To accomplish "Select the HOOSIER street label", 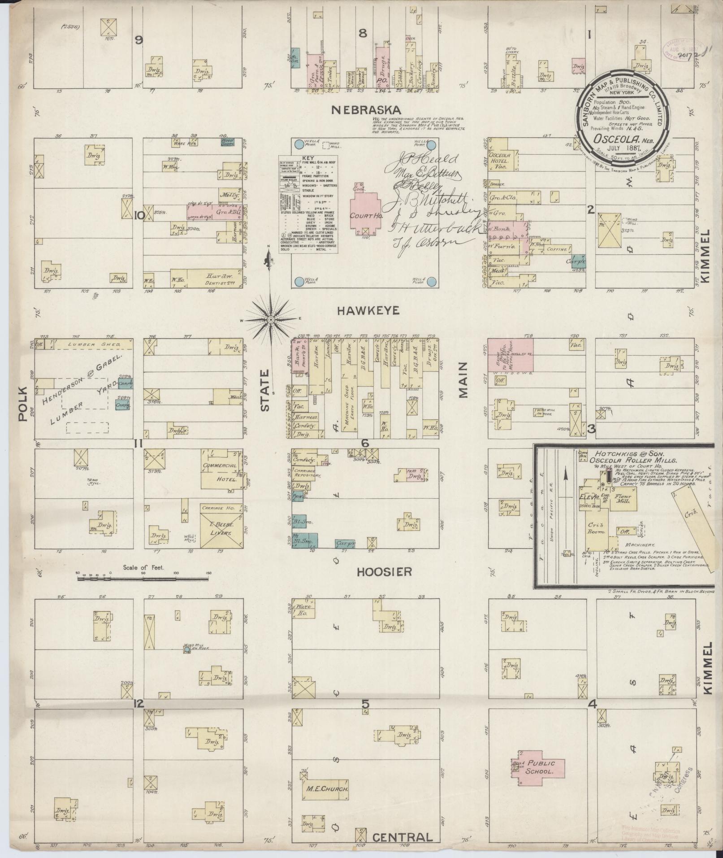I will (x=384, y=572).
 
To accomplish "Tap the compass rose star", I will (x=271, y=319).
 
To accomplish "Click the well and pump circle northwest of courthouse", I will (x=299, y=144).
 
